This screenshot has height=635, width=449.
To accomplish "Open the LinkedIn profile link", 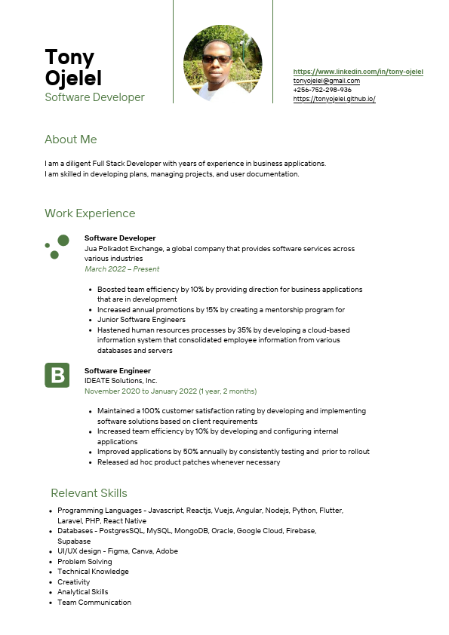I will [358, 72].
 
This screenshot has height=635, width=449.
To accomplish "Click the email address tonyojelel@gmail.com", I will [326, 81].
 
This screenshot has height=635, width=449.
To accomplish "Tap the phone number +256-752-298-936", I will [322, 90].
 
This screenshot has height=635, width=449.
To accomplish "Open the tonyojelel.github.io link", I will [334, 99].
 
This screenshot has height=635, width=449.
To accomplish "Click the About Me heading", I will [71, 140].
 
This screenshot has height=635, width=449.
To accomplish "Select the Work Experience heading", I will [90, 213].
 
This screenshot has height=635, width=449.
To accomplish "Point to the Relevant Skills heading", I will [89, 493].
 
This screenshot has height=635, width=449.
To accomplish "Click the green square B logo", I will [57, 376].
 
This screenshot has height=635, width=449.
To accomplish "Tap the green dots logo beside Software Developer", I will [57, 246].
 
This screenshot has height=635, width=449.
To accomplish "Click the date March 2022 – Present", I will [121, 269].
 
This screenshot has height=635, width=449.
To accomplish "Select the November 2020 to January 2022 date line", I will [170, 391].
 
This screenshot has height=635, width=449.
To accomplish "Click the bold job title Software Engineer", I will [117, 371].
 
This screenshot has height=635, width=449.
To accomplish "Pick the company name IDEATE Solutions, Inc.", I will [121, 381].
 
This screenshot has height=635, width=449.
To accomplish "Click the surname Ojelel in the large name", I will [73, 78].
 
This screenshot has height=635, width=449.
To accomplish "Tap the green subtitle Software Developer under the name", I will [94, 97].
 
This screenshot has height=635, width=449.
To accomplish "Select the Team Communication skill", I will [94, 603].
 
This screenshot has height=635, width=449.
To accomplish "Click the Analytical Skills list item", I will [82, 592].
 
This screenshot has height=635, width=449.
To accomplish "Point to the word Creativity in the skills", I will [73, 582].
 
